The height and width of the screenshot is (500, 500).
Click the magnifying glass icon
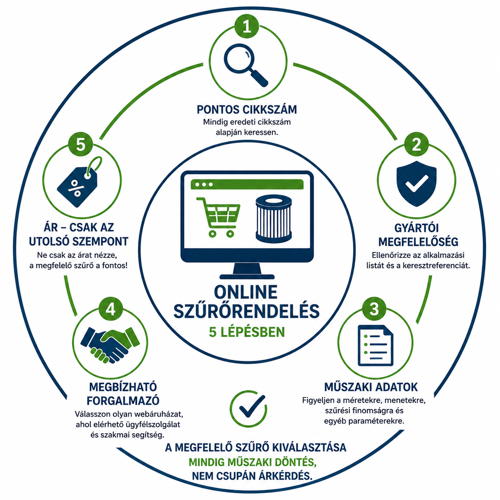(246, 65)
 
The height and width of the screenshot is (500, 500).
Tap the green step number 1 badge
(247, 27)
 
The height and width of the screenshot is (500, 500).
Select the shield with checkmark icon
(416, 183)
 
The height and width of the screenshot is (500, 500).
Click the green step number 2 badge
(416, 144)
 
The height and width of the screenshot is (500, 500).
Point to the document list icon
(375, 345)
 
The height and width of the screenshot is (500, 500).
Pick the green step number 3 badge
(374, 309)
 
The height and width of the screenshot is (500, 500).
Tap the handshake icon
(110, 344)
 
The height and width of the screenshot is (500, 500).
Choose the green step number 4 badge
(110, 309)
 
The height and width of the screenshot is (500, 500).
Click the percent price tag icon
(79, 182)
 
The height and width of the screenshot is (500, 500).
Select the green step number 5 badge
(81, 144)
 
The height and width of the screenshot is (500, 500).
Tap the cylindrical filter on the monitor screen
(274, 219)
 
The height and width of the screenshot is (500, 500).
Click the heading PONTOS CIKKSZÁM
(247, 109)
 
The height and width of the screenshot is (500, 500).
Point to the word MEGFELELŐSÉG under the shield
(418, 242)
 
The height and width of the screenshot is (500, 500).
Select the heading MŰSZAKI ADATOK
(371, 387)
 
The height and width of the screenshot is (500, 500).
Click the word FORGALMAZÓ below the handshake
(123, 401)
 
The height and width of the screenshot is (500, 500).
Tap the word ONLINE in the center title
(246, 292)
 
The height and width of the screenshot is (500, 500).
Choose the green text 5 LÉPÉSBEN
(247, 332)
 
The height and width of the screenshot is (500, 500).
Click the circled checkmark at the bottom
(248, 409)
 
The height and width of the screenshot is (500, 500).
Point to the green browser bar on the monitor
(247, 184)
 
